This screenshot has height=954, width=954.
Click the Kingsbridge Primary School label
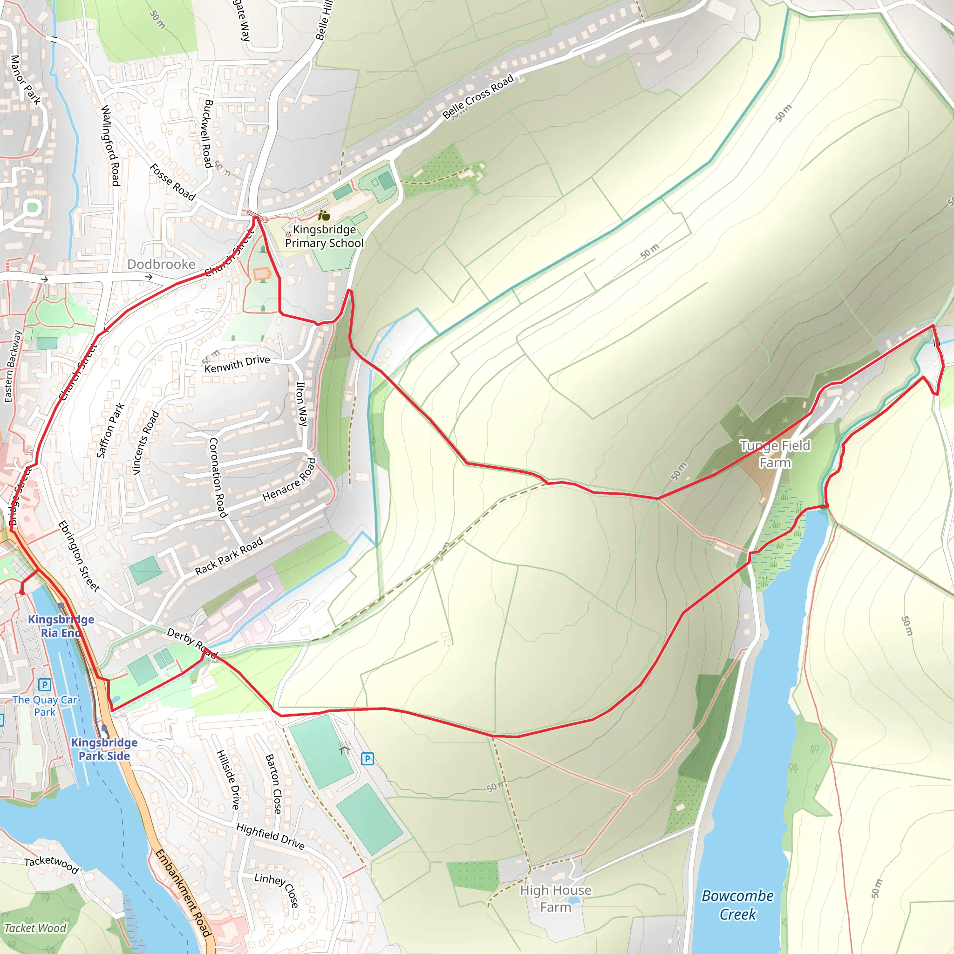click(x=324, y=237)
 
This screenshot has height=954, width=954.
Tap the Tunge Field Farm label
click(x=774, y=454)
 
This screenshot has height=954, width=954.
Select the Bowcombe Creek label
click(x=738, y=905)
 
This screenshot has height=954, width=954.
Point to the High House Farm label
click(x=556, y=899)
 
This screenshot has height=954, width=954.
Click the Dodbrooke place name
click(x=162, y=264)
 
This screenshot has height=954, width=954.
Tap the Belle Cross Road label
click(x=477, y=97)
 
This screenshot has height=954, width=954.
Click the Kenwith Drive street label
click(x=237, y=364)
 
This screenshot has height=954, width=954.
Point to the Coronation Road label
click(x=218, y=477)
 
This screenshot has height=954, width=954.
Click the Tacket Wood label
click(x=35, y=928)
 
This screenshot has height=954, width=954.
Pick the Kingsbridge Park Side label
click(x=104, y=749)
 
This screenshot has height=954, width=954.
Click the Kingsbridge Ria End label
click(x=61, y=626)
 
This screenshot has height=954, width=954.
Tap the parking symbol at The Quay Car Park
click(x=44, y=685)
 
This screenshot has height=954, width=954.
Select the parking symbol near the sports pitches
click(x=367, y=758)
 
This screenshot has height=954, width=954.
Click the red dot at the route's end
click(x=22, y=592)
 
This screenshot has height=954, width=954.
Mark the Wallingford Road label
click(x=110, y=145)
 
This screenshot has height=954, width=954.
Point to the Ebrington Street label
click(x=79, y=556)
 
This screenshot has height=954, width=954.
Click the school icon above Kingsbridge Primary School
click(x=324, y=215)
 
